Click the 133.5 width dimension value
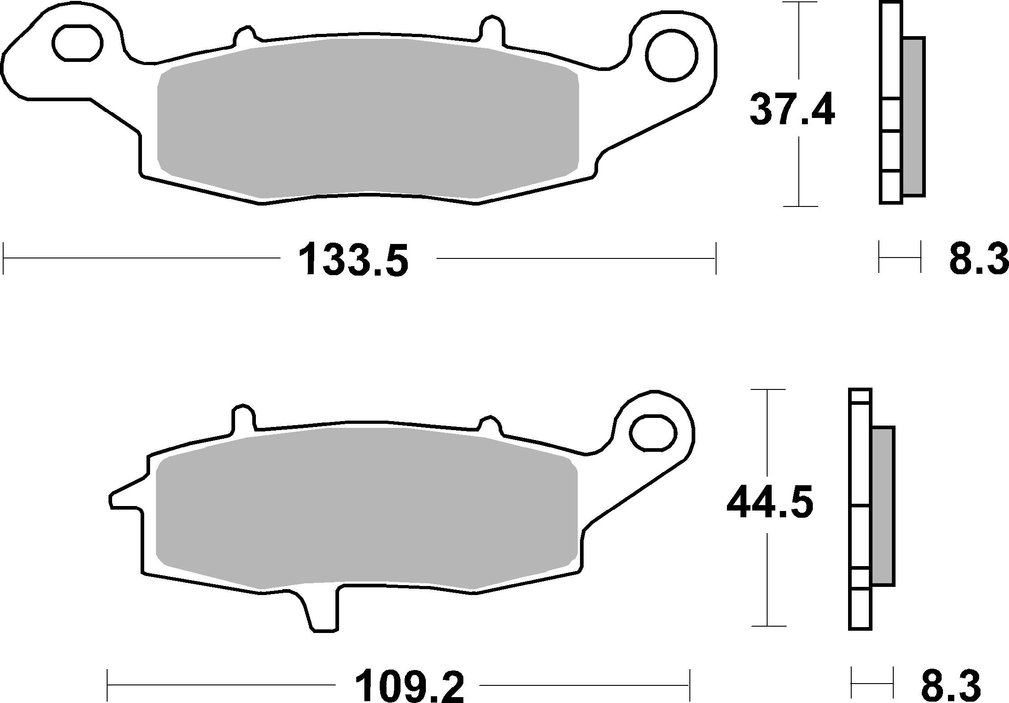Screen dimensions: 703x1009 coord(353,259)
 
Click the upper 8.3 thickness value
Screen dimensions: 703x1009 coord(979,259)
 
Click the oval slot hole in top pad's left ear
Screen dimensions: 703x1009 coord(78,43)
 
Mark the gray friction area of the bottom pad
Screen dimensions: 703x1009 coord(366,508)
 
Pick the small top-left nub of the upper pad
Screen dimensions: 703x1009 coord(245,36)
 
